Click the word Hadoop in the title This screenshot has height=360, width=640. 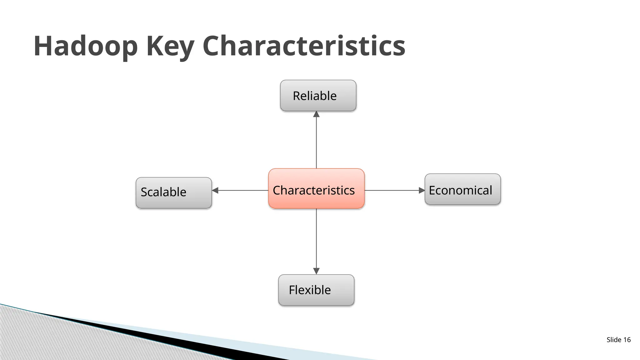click(x=85, y=46)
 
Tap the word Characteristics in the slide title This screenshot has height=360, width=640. click(x=304, y=46)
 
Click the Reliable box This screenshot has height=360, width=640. click(x=318, y=96)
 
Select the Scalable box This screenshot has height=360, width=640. click(x=174, y=193)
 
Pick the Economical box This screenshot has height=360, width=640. click(x=462, y=189)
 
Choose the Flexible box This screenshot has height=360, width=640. click(x=316, y=290)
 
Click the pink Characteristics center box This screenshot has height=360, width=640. click(x=316, y=189)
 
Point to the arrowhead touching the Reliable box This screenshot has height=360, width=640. click(x=316, y=114)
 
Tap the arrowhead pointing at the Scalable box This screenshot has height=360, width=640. click(x=215, y=190)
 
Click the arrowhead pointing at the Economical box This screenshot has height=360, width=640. click(x=422, y=190)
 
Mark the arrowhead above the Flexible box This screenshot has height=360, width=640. click(x=316, y=271)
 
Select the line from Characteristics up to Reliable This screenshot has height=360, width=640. click(x=316, y=142)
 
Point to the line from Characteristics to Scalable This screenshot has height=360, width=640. click(x=242, y=190)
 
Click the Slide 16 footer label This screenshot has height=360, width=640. click(x=618, y=340)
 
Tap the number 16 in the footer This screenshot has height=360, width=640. click(x=627, y=340)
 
